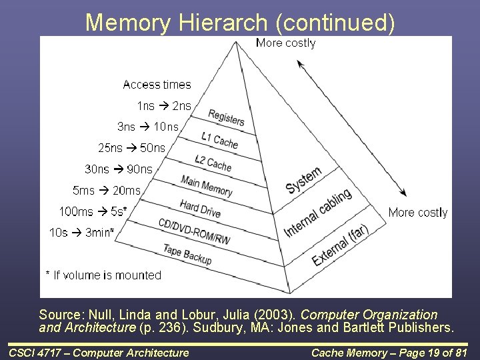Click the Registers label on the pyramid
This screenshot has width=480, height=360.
pyautogui.click(x=227, y=118)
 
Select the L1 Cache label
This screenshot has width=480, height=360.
pyautogui.click(x=219, y=139)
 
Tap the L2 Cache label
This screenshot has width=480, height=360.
pyautogui.click(x=213, y=162)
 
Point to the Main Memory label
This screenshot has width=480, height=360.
pyautogui.click(x=207, y=185)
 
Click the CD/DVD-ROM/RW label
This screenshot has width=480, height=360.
pyautogui.click(x=194, y=231)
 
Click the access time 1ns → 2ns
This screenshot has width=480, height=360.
pyautogui.click(x=164, y=105)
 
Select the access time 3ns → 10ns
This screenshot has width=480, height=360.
pyautogui.click(x=148, y=127)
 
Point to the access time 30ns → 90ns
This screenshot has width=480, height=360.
pyautogui.click(x=119, y=169)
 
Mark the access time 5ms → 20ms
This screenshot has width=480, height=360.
pyautogui.click(x=107, y=191)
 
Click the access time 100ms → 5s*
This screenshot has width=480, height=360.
pyautogui.click(x=93, y=212)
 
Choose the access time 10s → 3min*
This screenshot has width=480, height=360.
pyautogui.click(x=81, y=233)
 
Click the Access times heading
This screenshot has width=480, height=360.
pyautogui.click(x=157, y=85)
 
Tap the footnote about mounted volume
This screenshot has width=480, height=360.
pyautogui.click(x=103, y=275)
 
